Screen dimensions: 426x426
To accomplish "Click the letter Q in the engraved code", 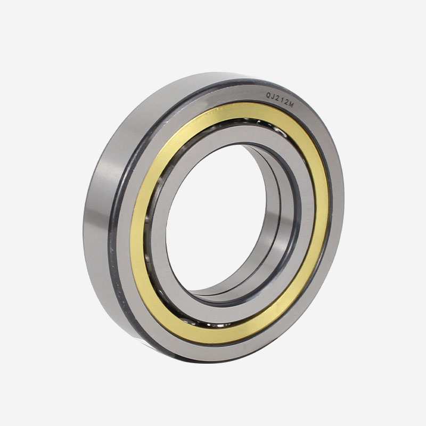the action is [x=268, y=95].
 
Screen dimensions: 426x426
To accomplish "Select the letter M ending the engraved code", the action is [x=291, y=104].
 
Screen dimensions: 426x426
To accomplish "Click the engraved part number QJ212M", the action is [x=280, y=100].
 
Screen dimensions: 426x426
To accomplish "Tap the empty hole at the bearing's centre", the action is [x=215, y=217].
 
